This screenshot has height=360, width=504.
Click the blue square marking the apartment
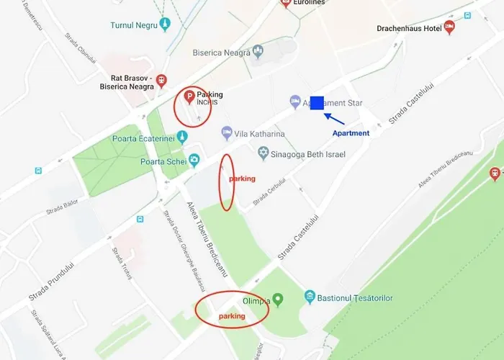pyautogui.click(x=317, y=104)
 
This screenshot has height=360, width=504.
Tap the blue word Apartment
pyautogui.click(x=351, y=133)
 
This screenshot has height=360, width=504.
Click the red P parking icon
pyautogui.click(x=189, y=96)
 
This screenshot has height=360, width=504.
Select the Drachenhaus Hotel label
pyautogui.click(x=408, y=30)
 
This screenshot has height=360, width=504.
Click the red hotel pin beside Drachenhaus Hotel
pyautogui.click(x=450, y=28)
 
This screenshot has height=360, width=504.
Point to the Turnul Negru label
pyautogui.click(x=133, y=25)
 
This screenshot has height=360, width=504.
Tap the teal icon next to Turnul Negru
pyautogui.click(x=166, y=25)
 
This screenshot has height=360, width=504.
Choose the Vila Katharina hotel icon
pyautogui.click(x=227, y=133)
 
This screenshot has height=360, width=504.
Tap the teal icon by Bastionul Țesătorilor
pyautogui.click(x=310, y=297)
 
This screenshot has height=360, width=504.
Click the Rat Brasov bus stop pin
pyautogui.click(x=161, y=81)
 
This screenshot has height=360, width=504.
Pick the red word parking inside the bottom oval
pyautogui.click(x=232, y=316)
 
